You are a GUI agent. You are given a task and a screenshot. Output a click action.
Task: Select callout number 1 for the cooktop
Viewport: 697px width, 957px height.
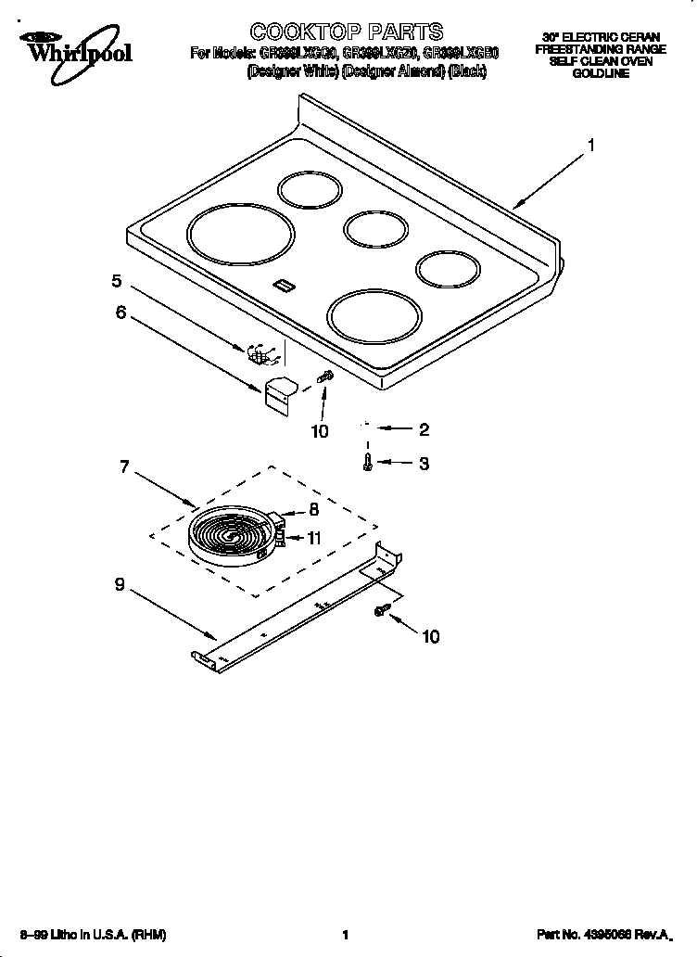click(x=590, y=145)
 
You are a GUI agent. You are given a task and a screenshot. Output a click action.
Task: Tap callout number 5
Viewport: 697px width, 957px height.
click(x=117, y=281)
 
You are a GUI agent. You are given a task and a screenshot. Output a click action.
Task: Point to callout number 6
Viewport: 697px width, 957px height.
click(x=120, y=313)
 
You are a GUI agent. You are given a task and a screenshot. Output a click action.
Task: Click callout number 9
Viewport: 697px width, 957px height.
click(x=120, y=585)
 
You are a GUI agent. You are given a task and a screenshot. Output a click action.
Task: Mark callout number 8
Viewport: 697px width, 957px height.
click(x=313, y=509)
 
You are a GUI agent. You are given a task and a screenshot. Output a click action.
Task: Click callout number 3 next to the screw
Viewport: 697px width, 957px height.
click(x=424, y=464)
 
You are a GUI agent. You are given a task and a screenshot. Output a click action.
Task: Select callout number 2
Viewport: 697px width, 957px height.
click(x=424, y=429)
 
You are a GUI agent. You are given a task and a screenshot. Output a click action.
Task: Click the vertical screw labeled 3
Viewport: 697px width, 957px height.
click(x=369, y=461)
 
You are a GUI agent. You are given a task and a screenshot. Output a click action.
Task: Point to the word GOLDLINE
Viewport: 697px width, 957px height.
click(x=600, y=72)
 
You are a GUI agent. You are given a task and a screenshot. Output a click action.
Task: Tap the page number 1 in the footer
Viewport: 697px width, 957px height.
click(x=345, y=935)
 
